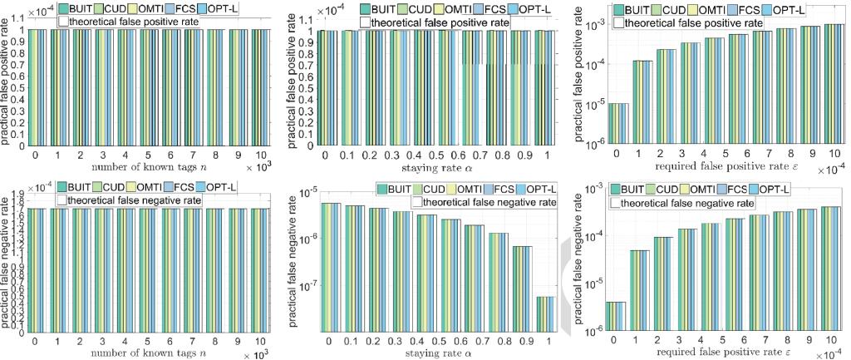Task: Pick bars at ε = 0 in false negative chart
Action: (617, 316)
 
